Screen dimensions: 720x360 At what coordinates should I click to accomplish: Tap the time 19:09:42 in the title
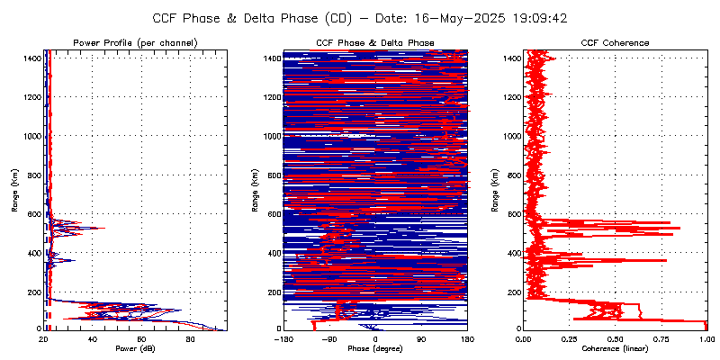click(538, 18)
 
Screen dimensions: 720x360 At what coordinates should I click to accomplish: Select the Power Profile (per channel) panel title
click(136, 43)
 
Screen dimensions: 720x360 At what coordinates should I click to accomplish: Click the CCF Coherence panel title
click(615, 43)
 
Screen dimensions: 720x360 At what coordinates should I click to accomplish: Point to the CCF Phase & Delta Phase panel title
click(375, 43)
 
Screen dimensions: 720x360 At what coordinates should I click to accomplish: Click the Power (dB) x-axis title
click(136, 348)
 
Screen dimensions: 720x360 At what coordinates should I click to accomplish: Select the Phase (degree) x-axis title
click(375, 348)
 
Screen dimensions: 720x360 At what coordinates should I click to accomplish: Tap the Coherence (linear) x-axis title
click(615, 348)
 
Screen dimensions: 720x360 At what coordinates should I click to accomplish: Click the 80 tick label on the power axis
click(190, 338)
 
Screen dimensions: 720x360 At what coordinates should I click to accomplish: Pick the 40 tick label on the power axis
click(93, 338)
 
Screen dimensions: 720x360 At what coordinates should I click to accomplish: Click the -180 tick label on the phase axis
click(283, 338)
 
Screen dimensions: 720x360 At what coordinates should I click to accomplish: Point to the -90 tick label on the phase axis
click(328, 338)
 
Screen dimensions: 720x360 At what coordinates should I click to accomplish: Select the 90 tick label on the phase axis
click(421, 338)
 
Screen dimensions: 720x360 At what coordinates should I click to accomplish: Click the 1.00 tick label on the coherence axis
click(706, 338)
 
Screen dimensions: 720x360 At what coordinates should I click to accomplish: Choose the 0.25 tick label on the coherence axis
click(569, 338)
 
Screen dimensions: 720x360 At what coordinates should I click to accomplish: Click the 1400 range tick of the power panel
click(32, 58)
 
